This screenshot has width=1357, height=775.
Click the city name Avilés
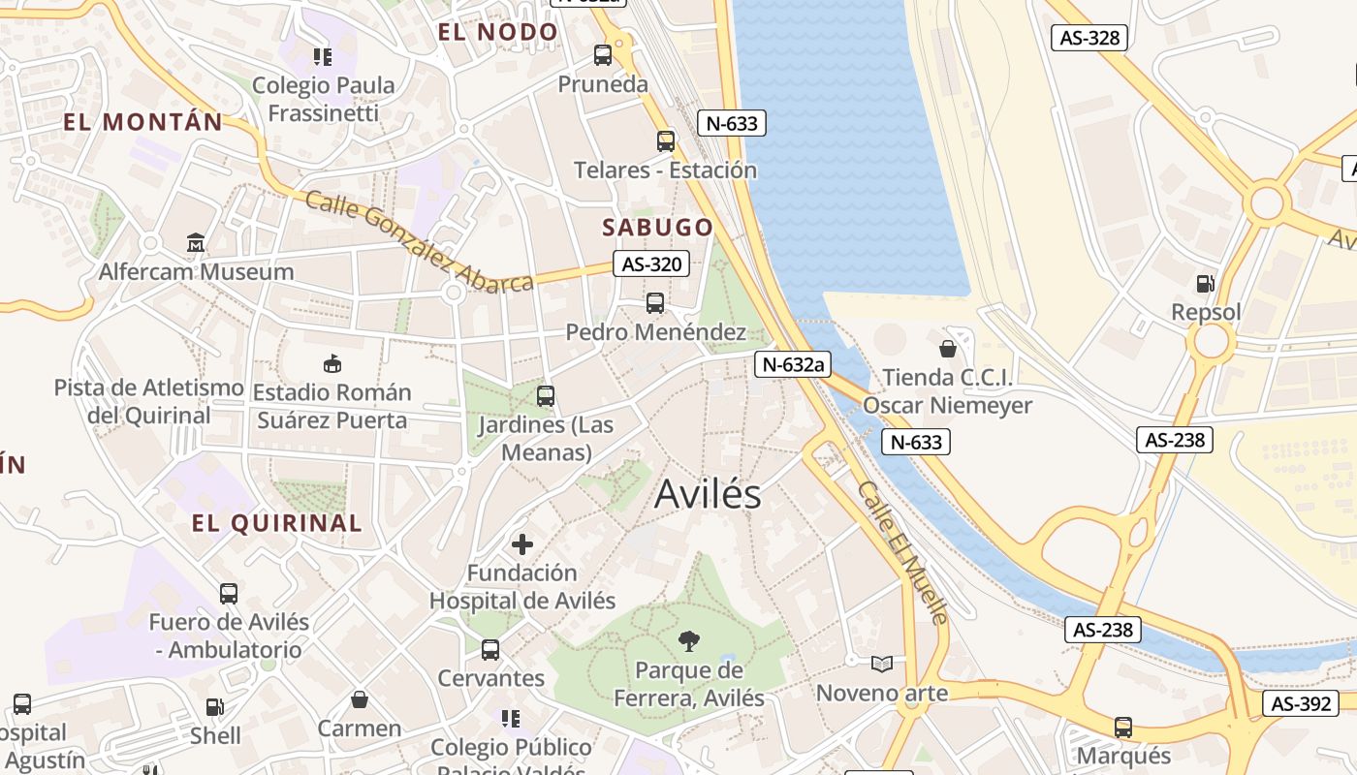708,494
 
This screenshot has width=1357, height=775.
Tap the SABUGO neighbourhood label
658,228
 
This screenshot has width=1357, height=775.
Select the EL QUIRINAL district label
276,524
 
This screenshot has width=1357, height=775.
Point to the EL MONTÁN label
143,122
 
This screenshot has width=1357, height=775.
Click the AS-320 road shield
651,263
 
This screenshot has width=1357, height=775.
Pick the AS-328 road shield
1089,38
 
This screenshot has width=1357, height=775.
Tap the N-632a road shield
793,364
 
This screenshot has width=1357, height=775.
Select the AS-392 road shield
1300,704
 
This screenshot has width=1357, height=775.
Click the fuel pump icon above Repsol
1205,284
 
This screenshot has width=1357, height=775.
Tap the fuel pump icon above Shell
214,708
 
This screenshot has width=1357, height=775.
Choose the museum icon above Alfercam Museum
196,242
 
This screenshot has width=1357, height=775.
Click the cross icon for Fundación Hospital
522,543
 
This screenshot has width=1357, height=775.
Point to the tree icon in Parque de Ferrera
689,639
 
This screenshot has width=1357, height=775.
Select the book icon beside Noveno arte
881,665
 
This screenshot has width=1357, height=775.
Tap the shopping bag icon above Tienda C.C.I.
948,348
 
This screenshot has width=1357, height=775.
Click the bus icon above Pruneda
603,55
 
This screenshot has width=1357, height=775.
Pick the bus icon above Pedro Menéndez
655,303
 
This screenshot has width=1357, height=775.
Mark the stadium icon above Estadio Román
331,364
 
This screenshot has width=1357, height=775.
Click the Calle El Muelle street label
901,552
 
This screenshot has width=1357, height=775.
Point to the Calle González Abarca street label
419,242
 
